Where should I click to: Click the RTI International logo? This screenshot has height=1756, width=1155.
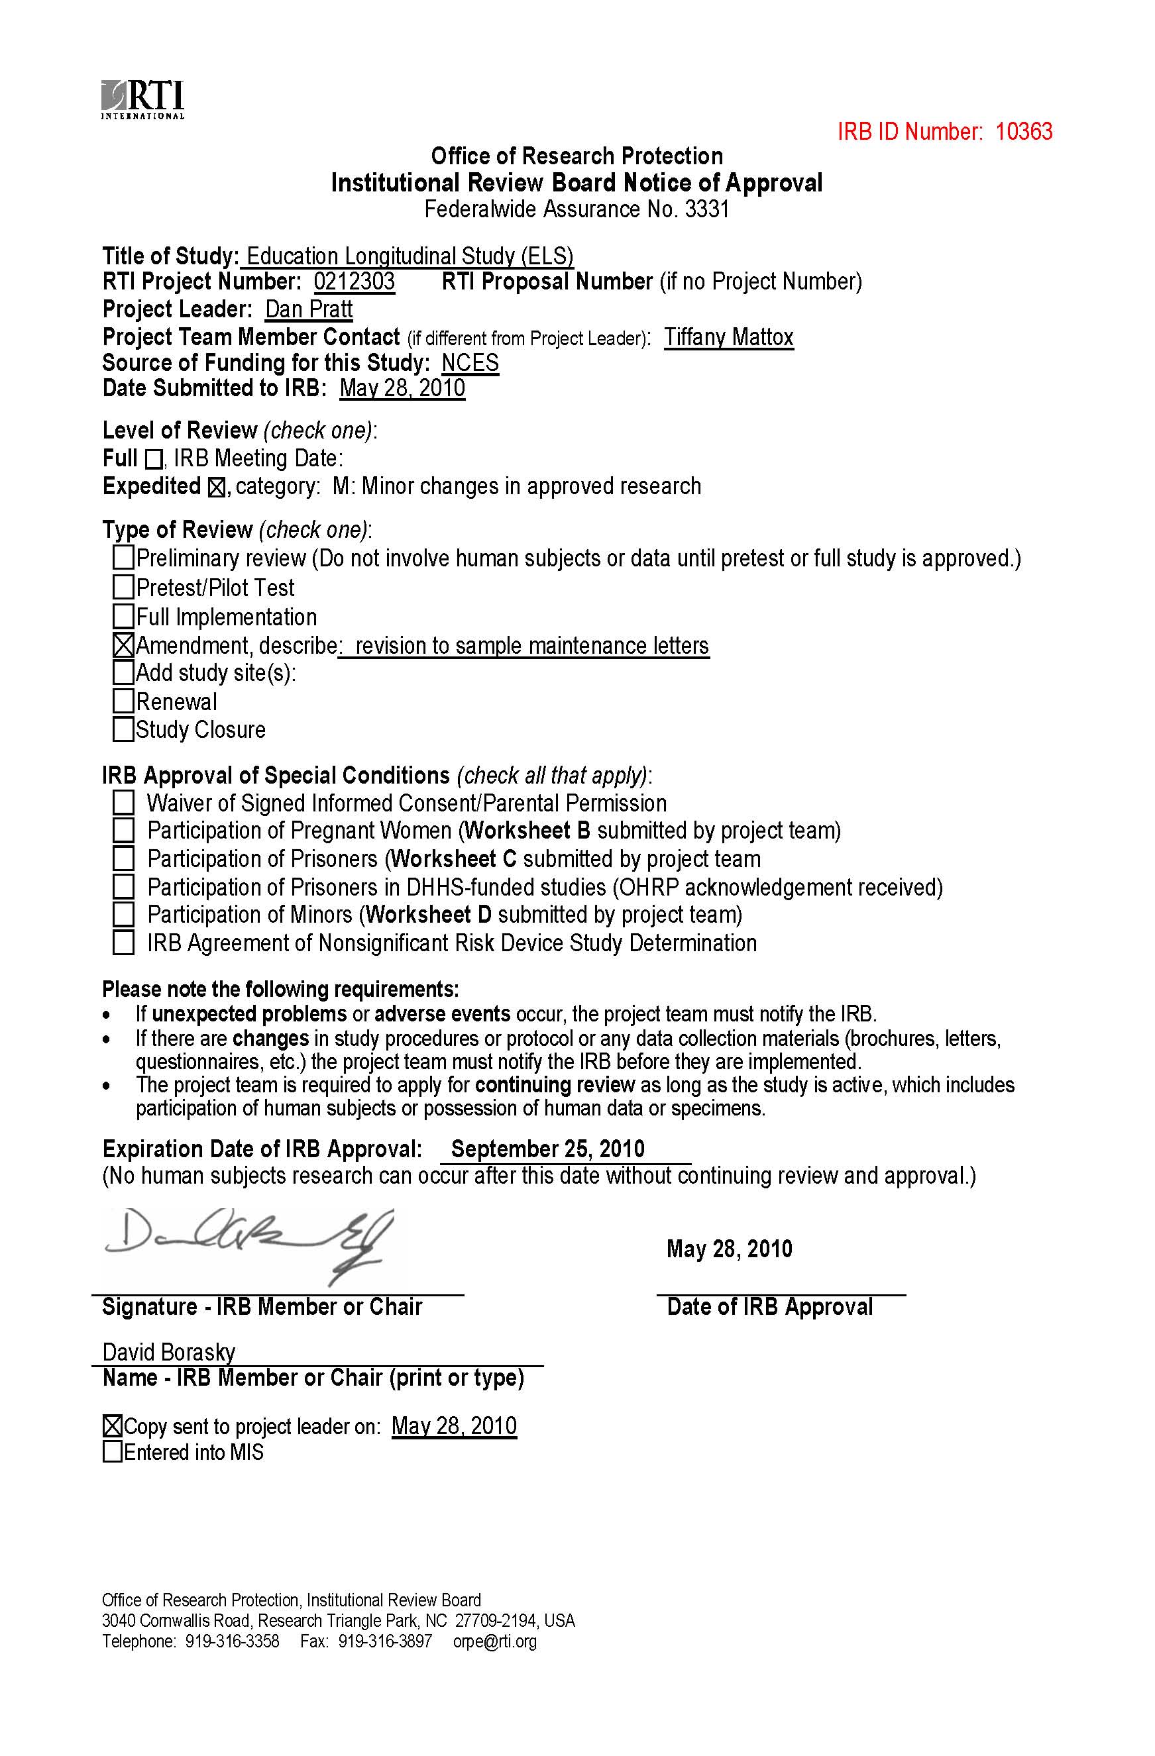coord(143,99)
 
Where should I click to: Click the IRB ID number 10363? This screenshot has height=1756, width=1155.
coord(1024,131)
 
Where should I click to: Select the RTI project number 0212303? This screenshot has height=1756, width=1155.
coord(355,282)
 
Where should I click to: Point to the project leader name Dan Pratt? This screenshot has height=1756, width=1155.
coord(309,309)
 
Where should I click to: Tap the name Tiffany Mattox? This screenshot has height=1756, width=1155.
coord(728,337)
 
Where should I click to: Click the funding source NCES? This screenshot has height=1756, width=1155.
coord(470,363)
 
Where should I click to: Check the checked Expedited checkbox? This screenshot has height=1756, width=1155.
coord(217,488)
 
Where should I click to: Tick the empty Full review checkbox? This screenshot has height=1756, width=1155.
coord(154,460)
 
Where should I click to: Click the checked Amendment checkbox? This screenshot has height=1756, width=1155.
coord(123,646)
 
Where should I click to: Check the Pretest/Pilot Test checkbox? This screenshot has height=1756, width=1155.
coord(123,588)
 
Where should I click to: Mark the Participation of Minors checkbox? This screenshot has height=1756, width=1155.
coord(123,915)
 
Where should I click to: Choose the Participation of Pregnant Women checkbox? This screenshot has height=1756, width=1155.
coord(123,831)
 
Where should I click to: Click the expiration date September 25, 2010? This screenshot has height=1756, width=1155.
coord(547,1149)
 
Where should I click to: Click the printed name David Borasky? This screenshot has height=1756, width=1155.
coord(169,1353)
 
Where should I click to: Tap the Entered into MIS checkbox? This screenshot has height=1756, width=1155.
coord(112,1453)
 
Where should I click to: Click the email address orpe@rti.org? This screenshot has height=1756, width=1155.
coord(494,1641)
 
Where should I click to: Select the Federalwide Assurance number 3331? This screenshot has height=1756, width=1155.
coord(706,209)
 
